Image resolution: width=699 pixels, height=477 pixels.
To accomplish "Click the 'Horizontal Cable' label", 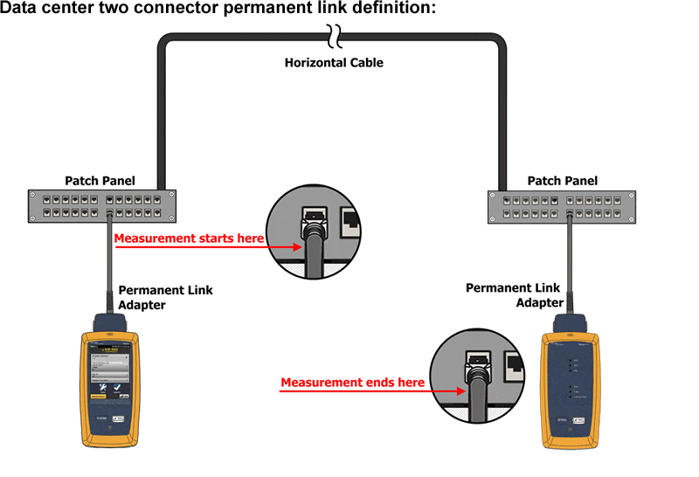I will pos(334,63).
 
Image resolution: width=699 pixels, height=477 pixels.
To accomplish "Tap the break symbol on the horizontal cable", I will pos(334,36).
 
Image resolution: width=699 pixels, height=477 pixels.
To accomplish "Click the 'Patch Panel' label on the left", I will pos(100,181).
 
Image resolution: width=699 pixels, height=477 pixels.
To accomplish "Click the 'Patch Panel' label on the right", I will pos(563,181).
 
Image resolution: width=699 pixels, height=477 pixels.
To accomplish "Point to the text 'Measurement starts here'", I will pos(189,238).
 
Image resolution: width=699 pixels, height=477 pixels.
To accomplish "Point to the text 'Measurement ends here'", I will pos(352,383).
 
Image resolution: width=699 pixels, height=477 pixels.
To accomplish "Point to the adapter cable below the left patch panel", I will pos(109,262).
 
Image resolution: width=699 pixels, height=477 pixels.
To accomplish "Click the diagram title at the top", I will pos(218,9).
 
